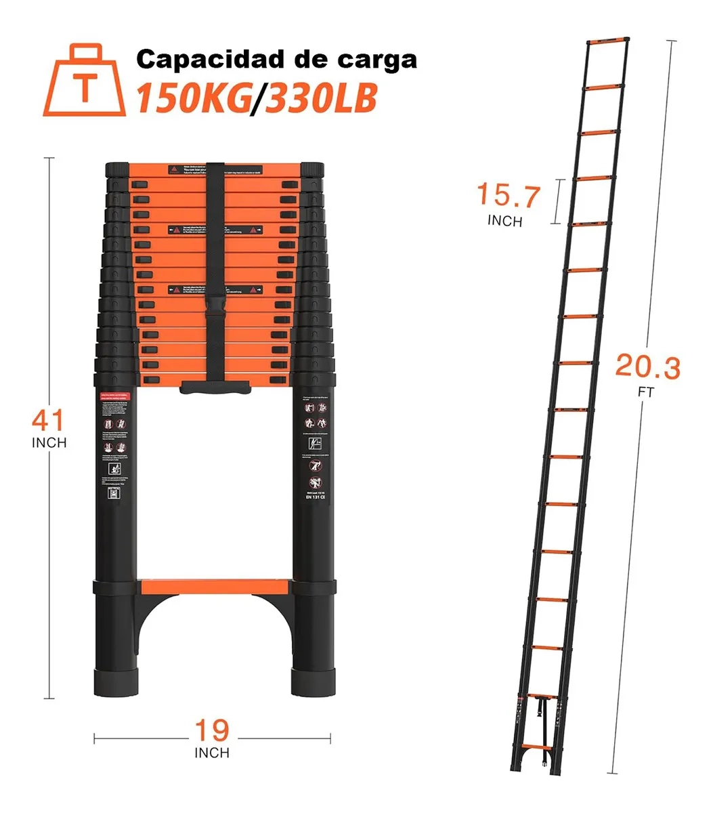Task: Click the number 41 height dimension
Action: pos(49,421)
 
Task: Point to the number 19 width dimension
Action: pos(212,730)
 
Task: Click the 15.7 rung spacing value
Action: pos(509,196)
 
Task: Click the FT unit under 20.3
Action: pos(647,392)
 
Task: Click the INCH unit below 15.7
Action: pos(504,221)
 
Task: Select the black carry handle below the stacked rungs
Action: pos(217,387)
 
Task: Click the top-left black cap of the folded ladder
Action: pos(116,168)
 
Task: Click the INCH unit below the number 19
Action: pos(212,753)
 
